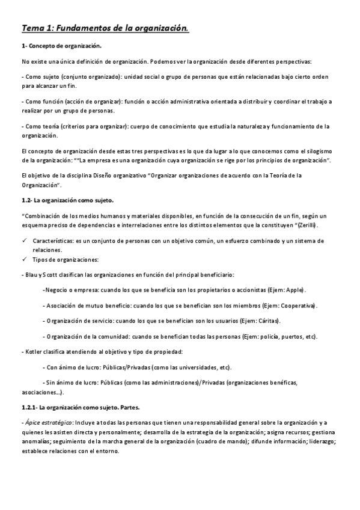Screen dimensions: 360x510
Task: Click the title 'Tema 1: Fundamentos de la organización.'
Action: click(x=105, y=27)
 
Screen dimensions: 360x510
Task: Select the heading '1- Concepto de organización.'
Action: click(x=61, y=46)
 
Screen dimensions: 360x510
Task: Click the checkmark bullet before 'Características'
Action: click(x=25, y=241)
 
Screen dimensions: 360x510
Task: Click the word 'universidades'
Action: click(x=182, y=367)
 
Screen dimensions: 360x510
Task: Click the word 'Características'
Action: click(x=53, y=241)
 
